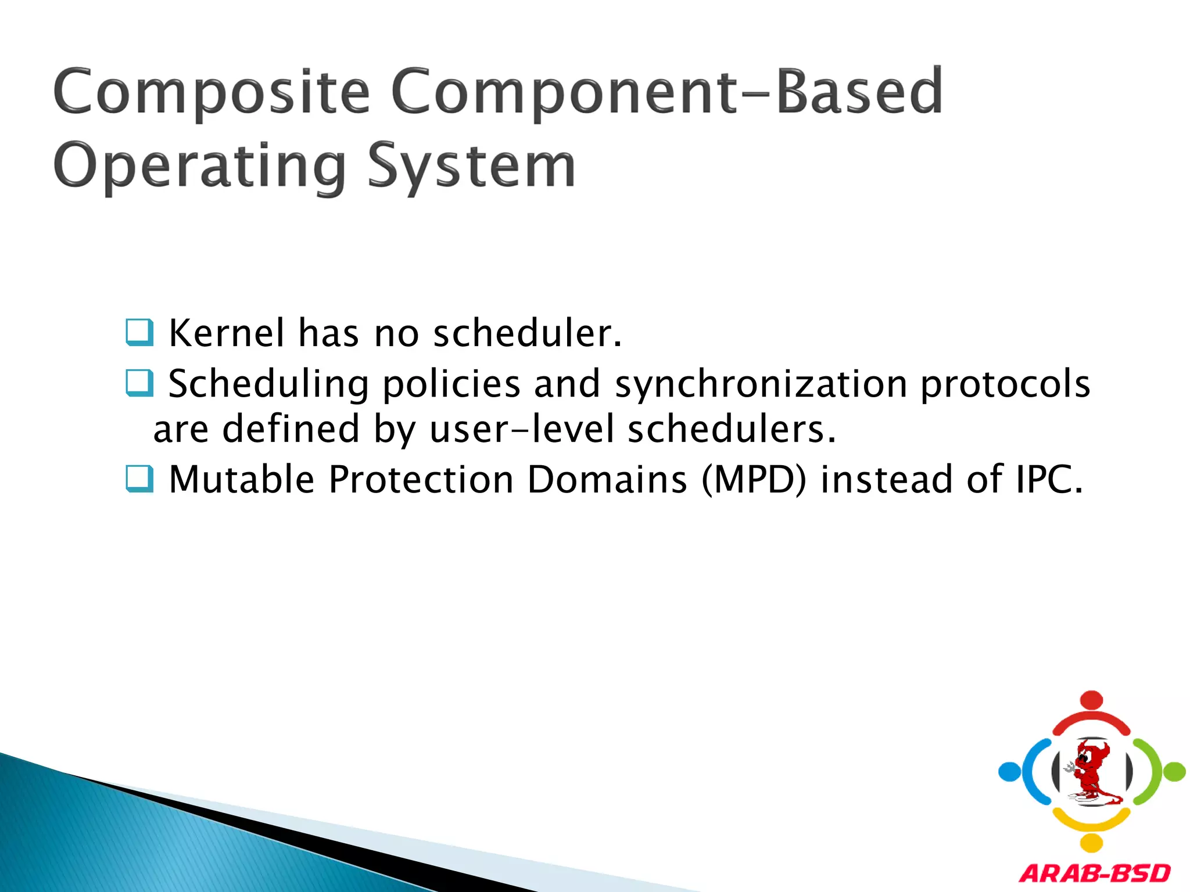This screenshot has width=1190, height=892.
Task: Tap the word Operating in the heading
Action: [x=199, y=167]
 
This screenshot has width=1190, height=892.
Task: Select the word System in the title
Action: [x=471, y=167]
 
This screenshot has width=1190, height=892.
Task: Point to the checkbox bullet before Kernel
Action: [x=139, y=332]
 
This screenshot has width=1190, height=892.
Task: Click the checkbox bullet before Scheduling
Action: [x=139, y=383]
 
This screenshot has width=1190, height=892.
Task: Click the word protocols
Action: [x=1005, y=384]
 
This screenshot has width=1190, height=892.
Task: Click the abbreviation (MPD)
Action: [x=754, y=480]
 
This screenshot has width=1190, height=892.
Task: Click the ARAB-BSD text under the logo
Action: [x=1095, y=873]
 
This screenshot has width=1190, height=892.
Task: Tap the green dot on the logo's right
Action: [x=1174, y=772]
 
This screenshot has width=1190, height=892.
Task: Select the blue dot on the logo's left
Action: [x=1009, y=772]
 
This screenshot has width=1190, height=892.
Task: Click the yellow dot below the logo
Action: [x=1092, y=843]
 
